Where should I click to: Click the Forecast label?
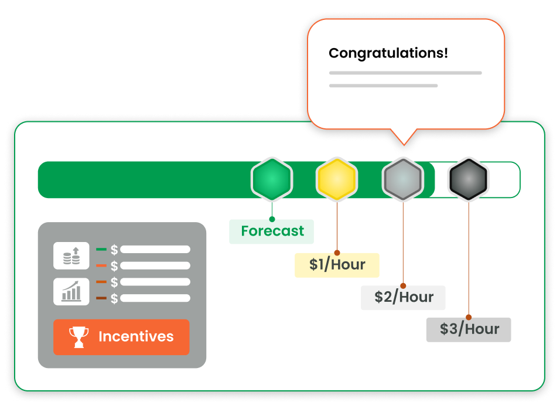coord(272,231)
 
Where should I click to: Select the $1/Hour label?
coord(337,265)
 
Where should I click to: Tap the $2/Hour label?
coord(403,298)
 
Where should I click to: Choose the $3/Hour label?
coord(469,329)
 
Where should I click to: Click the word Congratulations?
coord(388,53)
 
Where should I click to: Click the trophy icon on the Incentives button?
coord(79,337)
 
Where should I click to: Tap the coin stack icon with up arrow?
coord(71,256)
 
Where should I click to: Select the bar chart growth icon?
coord(71,291)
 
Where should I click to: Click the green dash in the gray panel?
coord(101,250)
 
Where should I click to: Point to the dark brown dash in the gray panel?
coord(101,298)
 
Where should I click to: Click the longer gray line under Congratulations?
coord(405,73)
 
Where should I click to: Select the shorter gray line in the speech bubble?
coord(383,86)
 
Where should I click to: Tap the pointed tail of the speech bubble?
coord(404,139)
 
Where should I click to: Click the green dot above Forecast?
coord(272,219)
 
